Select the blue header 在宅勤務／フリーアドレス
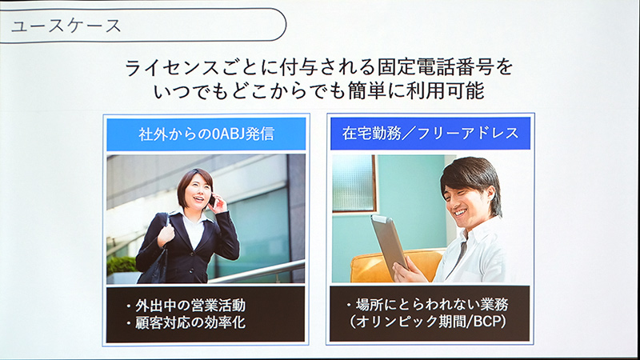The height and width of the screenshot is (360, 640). tap(430, 134)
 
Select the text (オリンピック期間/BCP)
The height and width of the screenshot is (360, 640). tap(430, 325)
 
